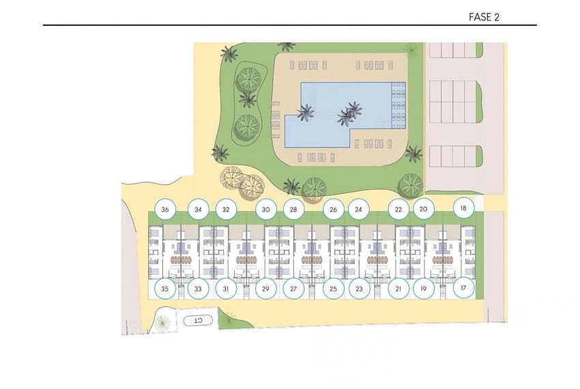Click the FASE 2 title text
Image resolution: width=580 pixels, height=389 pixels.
point(484,17)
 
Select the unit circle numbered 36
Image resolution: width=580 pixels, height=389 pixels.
point(165,210)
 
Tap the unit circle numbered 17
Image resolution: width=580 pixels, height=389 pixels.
point(463,287)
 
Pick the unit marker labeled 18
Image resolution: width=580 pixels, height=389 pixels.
point(463,208)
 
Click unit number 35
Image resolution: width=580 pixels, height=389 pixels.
point(165,289)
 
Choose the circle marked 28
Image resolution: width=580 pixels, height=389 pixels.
point(293,210)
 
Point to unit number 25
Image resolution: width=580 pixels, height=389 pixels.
point(333,289)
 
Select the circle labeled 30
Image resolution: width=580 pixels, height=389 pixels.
point(265,210)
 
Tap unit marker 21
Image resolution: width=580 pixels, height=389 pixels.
point(398,289)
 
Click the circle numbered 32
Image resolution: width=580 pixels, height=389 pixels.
point(226,210)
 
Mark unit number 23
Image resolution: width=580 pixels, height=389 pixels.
point(359,289)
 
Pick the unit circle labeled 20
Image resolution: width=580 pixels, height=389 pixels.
point(424,209)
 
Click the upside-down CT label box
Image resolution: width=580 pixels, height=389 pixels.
point(199,320)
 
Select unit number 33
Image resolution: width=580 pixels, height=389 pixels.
point(199,289)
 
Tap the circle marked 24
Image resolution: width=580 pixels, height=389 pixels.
point(359,210)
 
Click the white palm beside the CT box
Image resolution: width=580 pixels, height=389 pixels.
point(163,323)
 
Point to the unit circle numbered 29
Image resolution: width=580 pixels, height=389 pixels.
point(265,289)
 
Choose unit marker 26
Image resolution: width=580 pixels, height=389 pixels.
point(333,210)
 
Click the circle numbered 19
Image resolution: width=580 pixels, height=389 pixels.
point(424,289)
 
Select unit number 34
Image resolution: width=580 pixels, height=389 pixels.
point(199,210)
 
